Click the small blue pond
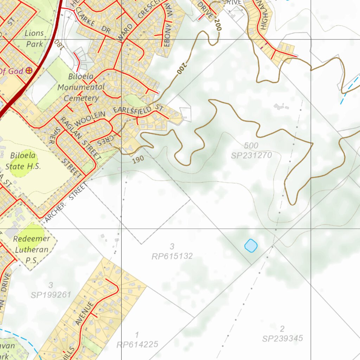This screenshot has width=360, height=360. click(251, 245)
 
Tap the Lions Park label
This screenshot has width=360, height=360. click(34, 39)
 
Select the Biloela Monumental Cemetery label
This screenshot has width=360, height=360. click(81, 87)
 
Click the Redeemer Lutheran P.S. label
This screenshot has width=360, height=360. click(31, 250)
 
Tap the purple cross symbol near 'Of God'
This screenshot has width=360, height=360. click(29, 71)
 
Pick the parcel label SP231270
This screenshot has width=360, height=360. click(251, 155)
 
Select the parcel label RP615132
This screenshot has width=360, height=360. click(172, 256)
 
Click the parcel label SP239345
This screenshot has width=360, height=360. click(282, 339)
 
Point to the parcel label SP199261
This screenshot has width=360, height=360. click(51, 295)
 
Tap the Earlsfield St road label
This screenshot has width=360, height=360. click(139, 110)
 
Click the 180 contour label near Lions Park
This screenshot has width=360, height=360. click(58, 44)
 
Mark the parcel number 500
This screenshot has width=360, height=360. click(251, 146)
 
